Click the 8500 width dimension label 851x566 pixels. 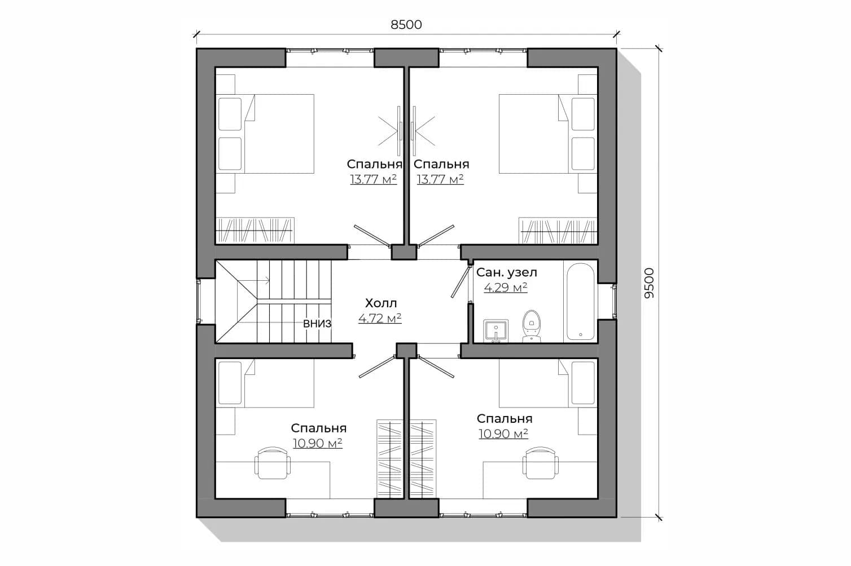pyautogui.click(x=406, y=25)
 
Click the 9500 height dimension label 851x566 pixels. pyautogui.click(x=650, y=283)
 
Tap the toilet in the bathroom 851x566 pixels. pyautogui.click(x=532, y=326)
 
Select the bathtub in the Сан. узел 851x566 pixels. pyautogui.click(x=580, y=302)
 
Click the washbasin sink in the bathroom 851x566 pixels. pyautogui.click(x=495, y=331)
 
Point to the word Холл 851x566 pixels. pyautogui.click(x=381, y=303)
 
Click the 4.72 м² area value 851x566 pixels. pyautogui.click(x=380, y=318)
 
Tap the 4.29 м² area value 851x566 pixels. pyautogui.click(x=505, y=288)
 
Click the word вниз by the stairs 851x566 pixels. pyautogui.click(x=317, y=324)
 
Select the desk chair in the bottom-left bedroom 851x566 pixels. pyautogui.click(x=273, y=463)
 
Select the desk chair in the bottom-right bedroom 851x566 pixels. pyautogui.click(x=540, y=463)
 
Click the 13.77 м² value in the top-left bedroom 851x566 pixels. pyautogui.click(x=374, y=179)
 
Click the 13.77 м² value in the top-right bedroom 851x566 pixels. pyautogui.click(x=440, y=179)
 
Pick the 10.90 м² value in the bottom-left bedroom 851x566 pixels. pyautogui.click(x=318, y=443)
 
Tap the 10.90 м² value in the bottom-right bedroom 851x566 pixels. pyautogui.click(x=503, y=434)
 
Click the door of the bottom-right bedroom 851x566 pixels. pyautogui.click(x=436, y=366)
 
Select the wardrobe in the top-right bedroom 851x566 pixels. pyautogui.click(x=558, y=231)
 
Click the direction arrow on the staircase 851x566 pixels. pyautogui.click(x=254, y=281)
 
